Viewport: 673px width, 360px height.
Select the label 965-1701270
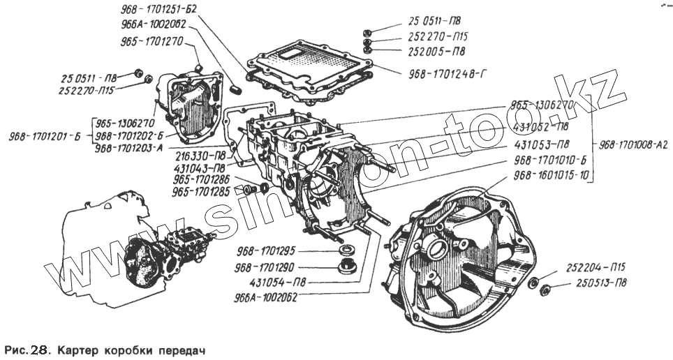point(151,40)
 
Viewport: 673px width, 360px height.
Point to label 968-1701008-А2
point(635,145)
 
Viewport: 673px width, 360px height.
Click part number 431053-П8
point(540,144)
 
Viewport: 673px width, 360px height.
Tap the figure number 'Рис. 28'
point(27,348)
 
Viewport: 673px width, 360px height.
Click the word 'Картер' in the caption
point(80,348)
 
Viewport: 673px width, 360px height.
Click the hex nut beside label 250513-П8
point(547,289)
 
